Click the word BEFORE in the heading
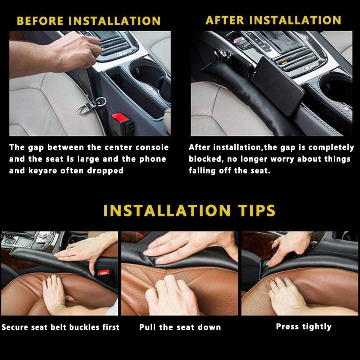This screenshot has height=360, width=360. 40,21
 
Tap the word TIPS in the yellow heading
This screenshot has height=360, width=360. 256,211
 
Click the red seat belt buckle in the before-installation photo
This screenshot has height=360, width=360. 120,118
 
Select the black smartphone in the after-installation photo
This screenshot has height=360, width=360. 277,86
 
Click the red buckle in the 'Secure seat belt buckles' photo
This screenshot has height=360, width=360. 104,273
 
